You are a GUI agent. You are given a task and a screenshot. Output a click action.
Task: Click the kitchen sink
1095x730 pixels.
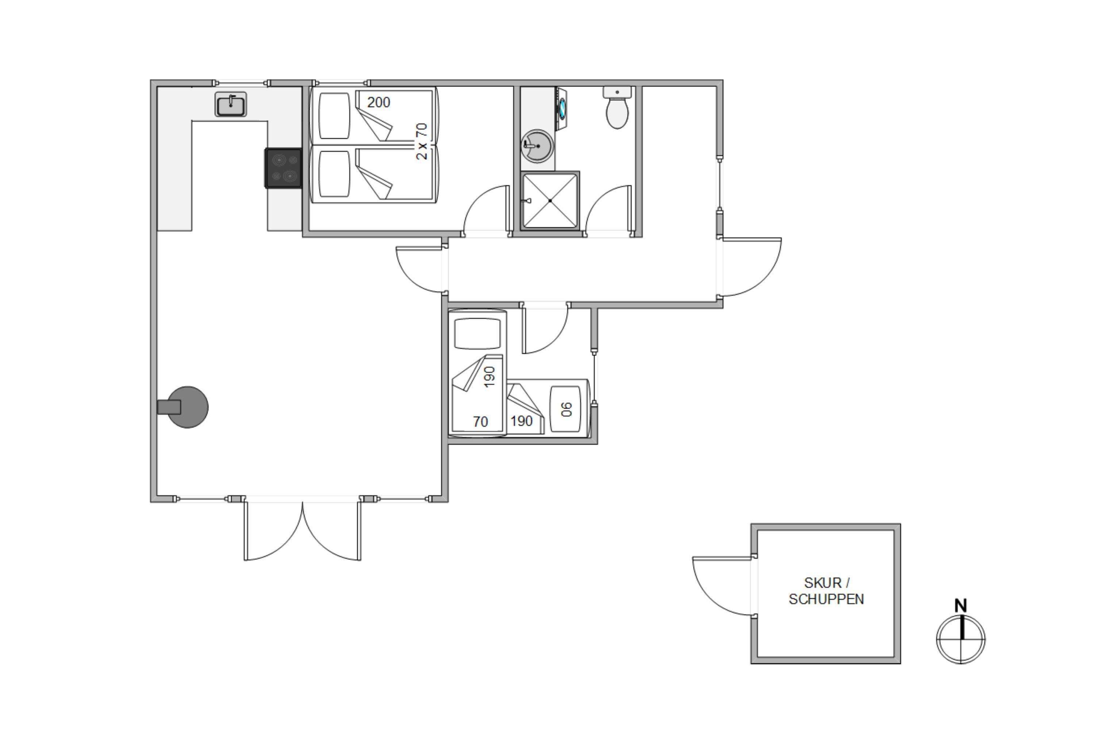click(x=230, y=104)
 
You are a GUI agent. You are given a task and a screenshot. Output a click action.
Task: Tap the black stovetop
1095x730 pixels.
click(x=284, y=168)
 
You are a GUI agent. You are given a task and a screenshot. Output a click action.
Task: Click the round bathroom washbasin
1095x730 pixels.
click(x=537, y=146)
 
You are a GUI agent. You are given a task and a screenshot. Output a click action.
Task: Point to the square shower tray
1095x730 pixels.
click(x=550, y=201)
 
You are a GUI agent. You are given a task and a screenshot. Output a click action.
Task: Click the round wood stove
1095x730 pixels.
click(x=187, y=407)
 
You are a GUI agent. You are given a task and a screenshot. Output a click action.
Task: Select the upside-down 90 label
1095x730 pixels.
click(x=566, y=409)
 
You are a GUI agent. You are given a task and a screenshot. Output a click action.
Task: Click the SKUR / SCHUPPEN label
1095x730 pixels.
click(x=826, y=591)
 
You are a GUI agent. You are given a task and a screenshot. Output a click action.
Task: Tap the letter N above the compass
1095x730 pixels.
click(x=960, y=606)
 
